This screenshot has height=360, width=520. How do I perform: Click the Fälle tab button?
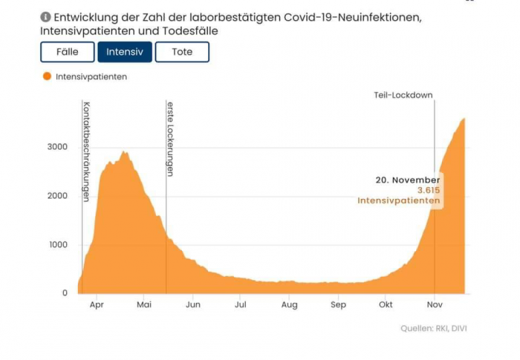coord(68,52)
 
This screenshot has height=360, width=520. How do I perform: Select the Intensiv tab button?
coord(125,52)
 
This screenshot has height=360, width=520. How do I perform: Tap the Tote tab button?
coord(182,52)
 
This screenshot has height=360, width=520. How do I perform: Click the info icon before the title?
coord(45,16)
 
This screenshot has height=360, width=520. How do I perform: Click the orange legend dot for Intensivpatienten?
coord(47,76)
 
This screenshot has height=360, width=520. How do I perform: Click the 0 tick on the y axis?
coord(65,293)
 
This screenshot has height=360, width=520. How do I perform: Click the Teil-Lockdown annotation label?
coord(403,95)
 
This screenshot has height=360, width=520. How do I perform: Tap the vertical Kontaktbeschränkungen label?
coord(87,151)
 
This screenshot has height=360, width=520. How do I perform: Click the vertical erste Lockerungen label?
coord(170,139)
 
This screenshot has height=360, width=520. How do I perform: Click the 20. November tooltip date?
coord(407,180)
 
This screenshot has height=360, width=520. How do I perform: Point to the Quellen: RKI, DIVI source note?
coord(434,328)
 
